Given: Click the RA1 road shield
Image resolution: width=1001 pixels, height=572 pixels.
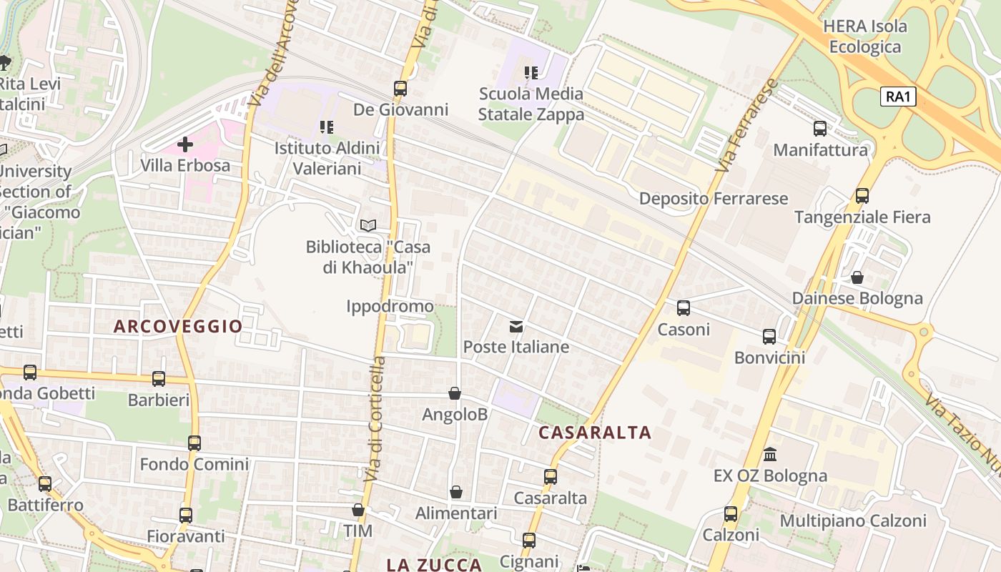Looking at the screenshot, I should pyautogui.click(x=898, y=97).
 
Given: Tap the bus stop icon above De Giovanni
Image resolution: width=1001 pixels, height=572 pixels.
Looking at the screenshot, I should pyautogui.click(x=400, y=89).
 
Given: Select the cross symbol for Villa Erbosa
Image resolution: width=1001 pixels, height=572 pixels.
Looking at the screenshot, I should pyautogui.click(x=185, y=145).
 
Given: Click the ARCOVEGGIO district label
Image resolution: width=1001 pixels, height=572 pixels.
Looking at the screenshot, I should pyautogui.click(x=178, y=327).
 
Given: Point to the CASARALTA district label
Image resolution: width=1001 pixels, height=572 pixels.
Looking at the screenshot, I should pyautogui.click(x=595, y=433).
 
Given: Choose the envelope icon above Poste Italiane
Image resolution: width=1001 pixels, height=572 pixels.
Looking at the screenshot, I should pyautogui.click(x=516, y=327).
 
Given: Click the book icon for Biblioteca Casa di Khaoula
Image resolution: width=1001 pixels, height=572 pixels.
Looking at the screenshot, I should pyautogui.click(x=368, y=226).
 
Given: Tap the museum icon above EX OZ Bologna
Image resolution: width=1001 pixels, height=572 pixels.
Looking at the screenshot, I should pyautogui.click(x=770, y=454).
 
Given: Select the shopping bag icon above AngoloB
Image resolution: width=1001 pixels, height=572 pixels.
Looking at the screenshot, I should pyautogui.click(x=454, y=393).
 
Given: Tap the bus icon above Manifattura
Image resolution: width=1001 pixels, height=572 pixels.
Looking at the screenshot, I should pyautogui.click(x=820, y=129).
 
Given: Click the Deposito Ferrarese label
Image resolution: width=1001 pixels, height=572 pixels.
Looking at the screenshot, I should pyautogui.click(x=713, y=199).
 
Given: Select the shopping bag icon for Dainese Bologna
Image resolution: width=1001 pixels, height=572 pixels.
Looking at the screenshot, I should pyautogui.click(x=857, y=277).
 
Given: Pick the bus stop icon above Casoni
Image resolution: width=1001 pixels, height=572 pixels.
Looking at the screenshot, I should pyautogui.click(x=684, y=308).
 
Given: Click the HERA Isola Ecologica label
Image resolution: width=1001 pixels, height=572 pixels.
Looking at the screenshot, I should pyautogui.click(x=865, y=36).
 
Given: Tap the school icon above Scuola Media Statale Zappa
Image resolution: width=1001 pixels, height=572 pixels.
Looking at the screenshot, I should pyautogui.click(x=531, y=72).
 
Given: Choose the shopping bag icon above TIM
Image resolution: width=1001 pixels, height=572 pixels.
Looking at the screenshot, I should pyautogui.click(x=358, y=510).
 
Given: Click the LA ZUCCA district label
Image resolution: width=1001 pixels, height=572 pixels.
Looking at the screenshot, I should pyautogui.click(x=434, y=565).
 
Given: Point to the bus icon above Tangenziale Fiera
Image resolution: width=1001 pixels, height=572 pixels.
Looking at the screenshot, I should pyautogui.click(x=862, y=196).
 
